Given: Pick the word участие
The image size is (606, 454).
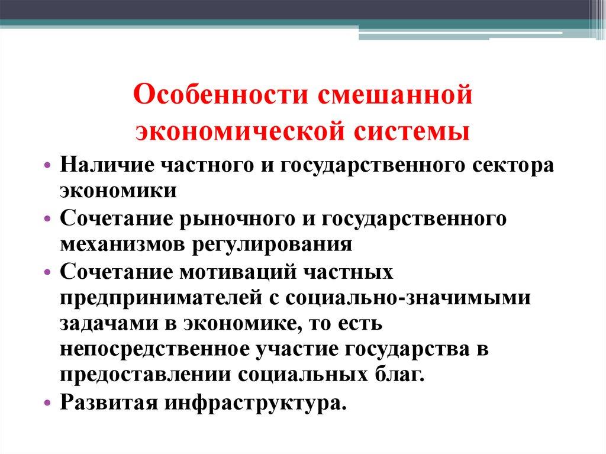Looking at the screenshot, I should click(x=294, y=350).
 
